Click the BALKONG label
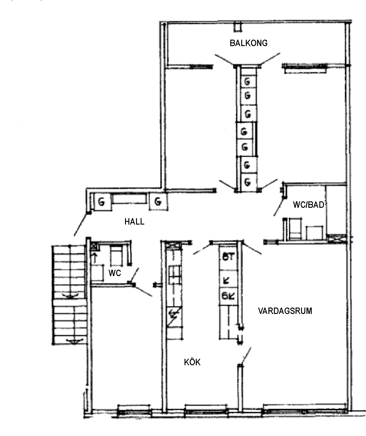tap(249, 43)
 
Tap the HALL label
tap(134, 222)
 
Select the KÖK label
tap(192, 362)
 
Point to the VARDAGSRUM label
tap(285, 311)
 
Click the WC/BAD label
tap(308, 205)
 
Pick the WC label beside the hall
tap(115, 273)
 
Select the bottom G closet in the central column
tap(247, 182)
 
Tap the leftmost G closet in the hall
tap(102, 202)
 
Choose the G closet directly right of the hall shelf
tap(158, 202)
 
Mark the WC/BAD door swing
tap(278, 207)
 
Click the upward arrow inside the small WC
tap(95, 258)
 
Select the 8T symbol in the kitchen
tap(228, 257)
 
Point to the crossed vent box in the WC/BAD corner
tap(336, 239)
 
